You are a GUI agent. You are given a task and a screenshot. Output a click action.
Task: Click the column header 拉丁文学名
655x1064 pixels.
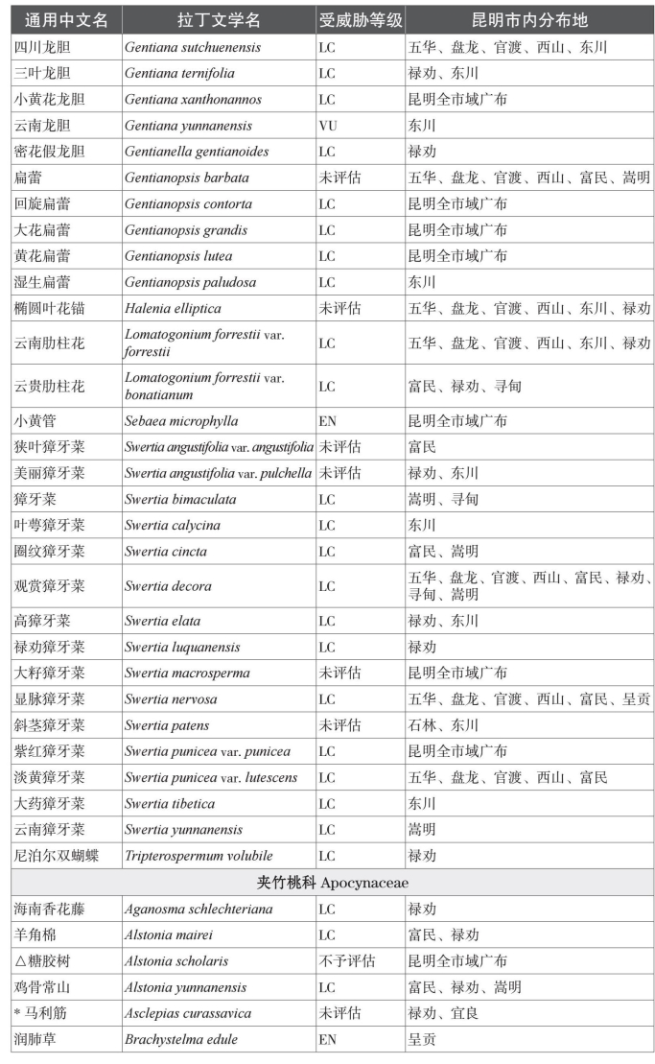[x=219, y=20]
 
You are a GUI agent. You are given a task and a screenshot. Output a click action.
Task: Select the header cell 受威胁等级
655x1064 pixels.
[x=360, y=20]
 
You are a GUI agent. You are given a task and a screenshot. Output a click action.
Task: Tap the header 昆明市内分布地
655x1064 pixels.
[x=529, y=20]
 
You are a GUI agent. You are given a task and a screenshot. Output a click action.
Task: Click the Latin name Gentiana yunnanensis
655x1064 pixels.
[x=188, y=126]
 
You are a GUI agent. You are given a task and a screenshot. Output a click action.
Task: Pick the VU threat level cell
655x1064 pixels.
[x=328, y=126]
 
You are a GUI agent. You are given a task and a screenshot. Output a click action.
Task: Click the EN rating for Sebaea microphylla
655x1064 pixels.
[x=328, y=421]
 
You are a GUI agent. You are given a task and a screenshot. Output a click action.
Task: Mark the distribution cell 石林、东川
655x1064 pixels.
[x=443, y=725]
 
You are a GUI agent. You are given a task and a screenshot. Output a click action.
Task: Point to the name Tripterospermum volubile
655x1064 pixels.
[x=199, y=856]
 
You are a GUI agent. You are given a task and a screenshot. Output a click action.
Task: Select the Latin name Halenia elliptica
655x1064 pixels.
[x=173, y=309]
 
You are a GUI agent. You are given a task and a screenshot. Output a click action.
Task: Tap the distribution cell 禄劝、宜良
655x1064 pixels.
[x=443, y=1013]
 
